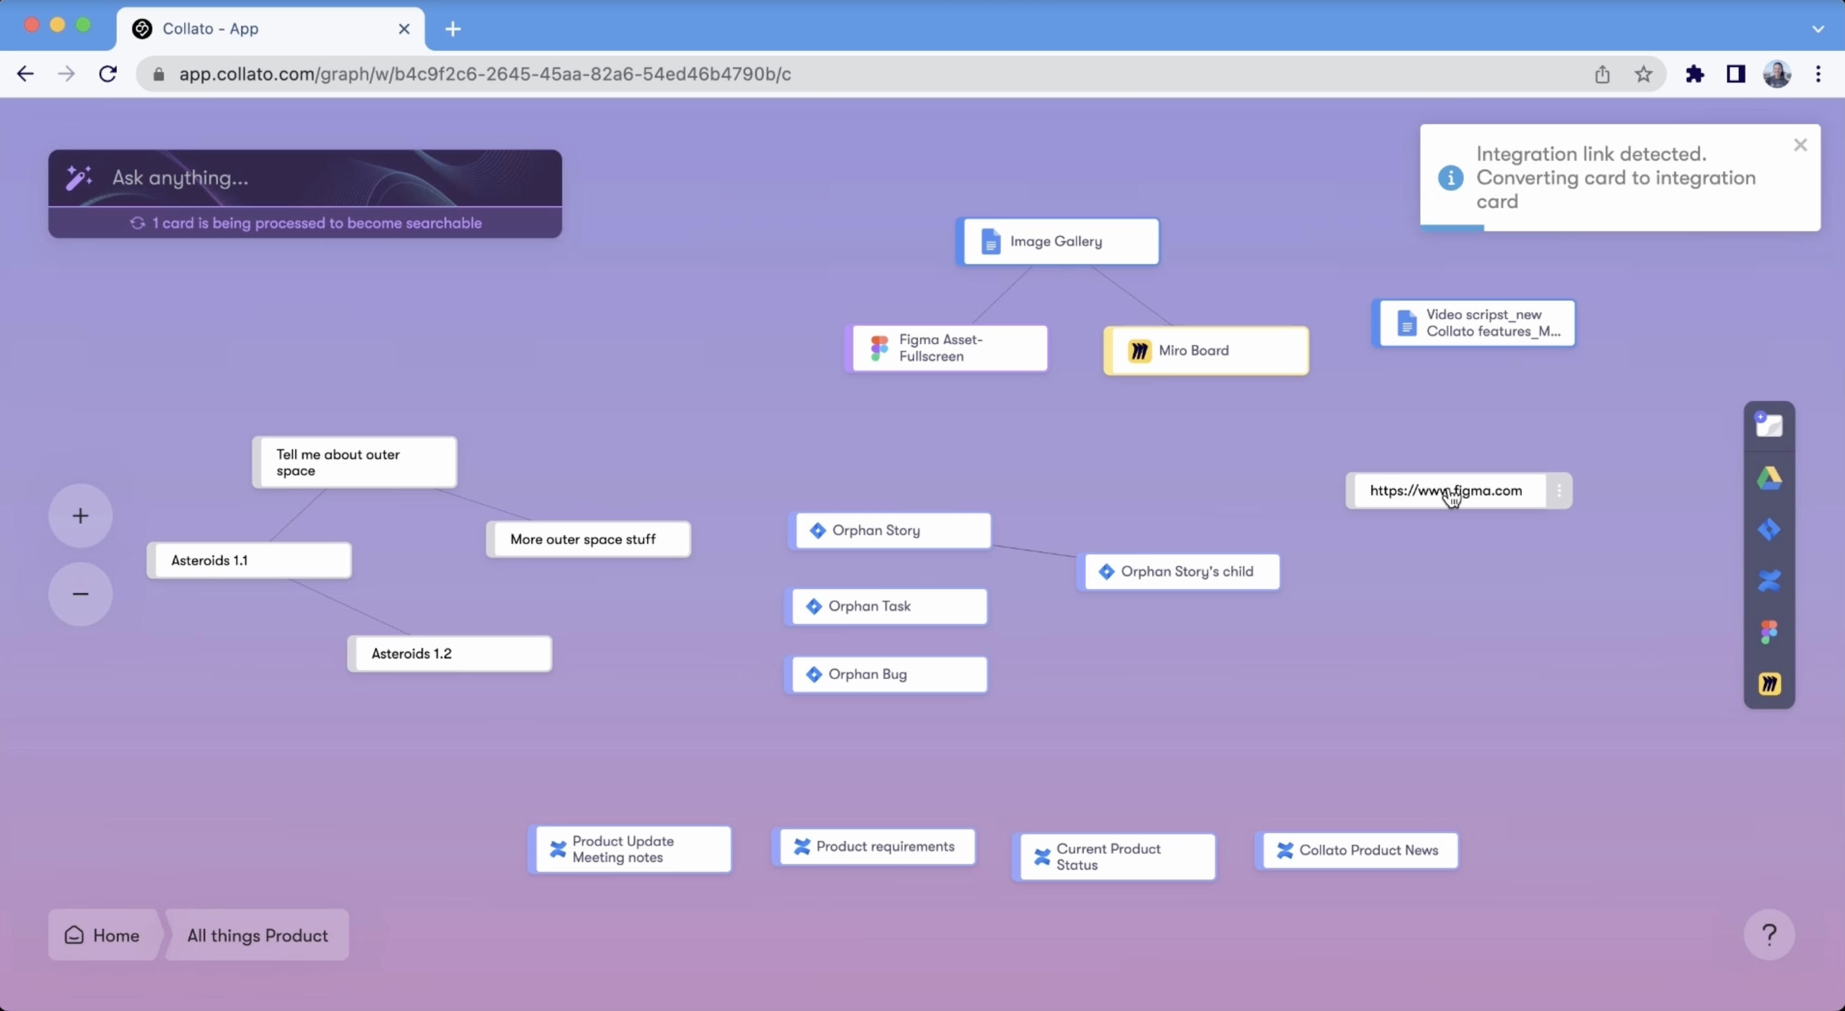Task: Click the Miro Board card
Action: pos(1206,351)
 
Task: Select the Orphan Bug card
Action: pos(886,674)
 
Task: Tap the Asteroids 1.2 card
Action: pos(450,653)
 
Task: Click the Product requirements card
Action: pos(874,846)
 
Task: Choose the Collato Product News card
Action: pos(1357,850)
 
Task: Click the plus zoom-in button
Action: pos(80,516)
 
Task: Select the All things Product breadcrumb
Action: pos(258,935)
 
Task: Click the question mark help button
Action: pos(1769,934)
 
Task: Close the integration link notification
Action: pos(1801,145)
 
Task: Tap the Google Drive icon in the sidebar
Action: pos(1769,478)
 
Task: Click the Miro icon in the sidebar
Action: pos(1769,684)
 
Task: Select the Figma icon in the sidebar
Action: pos(1769,632)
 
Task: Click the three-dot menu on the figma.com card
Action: pos(1559,491)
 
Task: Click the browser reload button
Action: pos(107,74)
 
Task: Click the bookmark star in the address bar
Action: pos(1644,74)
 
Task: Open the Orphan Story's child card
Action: pos(1179,572)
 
